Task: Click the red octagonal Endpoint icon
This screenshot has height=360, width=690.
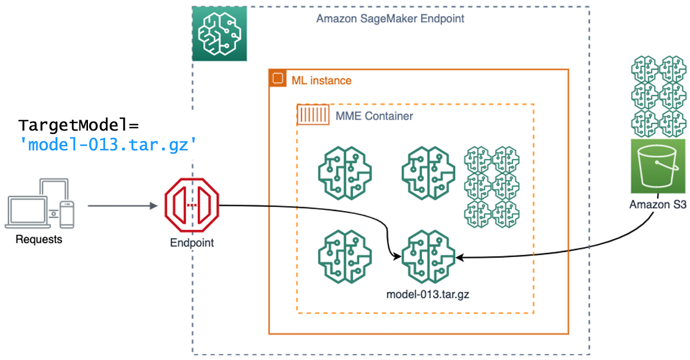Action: (x=192, y=205)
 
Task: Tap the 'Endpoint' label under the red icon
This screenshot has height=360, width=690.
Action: (x=191, y=243)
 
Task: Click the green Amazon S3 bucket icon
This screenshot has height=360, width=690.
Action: (x=659, y=166)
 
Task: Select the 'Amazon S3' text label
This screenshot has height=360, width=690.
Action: (x=658, y=204)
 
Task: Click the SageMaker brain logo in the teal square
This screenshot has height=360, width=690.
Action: (x=219, y=33)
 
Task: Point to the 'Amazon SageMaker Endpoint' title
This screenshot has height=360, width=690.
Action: (x=390, y=18)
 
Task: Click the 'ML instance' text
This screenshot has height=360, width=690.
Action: (x=321, y=81)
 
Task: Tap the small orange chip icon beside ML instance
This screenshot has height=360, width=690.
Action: (x=278, y=79)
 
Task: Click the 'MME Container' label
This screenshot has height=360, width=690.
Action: (x=374, y=116)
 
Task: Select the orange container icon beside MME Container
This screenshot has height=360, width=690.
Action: (x=313, y=115)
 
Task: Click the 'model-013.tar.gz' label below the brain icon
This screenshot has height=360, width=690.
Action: (x=428, y=294)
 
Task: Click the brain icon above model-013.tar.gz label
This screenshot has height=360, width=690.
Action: (x=428, y=257)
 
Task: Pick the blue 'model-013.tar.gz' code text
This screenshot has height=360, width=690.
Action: (x=109, y=145)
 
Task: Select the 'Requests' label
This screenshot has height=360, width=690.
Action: (x=39, y=239)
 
